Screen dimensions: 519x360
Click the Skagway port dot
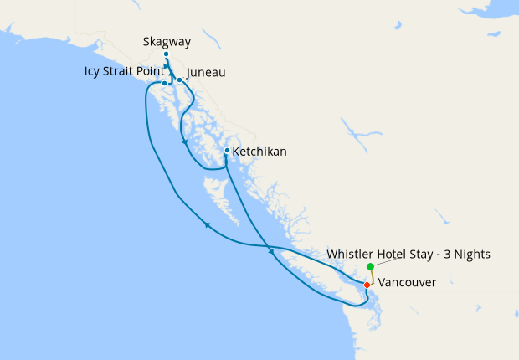pyautogui.click(x=166, y=54)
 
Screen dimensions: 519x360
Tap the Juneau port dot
pyautogui.click(x=179, y=80)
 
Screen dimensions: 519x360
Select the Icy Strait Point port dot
pyautogui.click(x=165, y=84)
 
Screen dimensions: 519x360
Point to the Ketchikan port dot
pyautogui.click(x=226, y=151)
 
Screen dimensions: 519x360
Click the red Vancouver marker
pyautogui.click(x=367, y=285)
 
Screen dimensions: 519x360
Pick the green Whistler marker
pyautogui.click(x=370, y=266)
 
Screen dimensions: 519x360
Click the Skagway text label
pyautogui.click(x=166, y=40)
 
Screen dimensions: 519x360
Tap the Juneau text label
pyautogui.click(x=205, y=73)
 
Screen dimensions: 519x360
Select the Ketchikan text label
pyautogui.click(x=259, y=152)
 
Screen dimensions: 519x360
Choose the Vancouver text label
pyautogui.click(x=407, y=283)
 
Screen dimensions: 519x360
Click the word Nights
pyautogui.click(x=471, y=254)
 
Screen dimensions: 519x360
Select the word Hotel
pyautogui.click(x=395, y=254)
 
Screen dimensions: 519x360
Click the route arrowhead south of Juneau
pyautogui.click(x=184, y=142)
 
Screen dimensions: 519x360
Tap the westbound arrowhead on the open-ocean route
pyautogui.click(x=206, y=224)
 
